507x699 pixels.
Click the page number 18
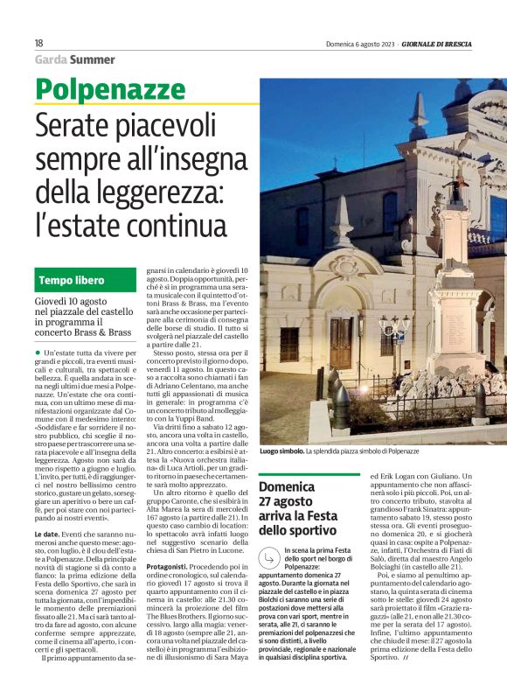click(x=38, y=43)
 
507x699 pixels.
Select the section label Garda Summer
click(x=75, y=59)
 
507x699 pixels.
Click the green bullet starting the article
click(x=38, y=352)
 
